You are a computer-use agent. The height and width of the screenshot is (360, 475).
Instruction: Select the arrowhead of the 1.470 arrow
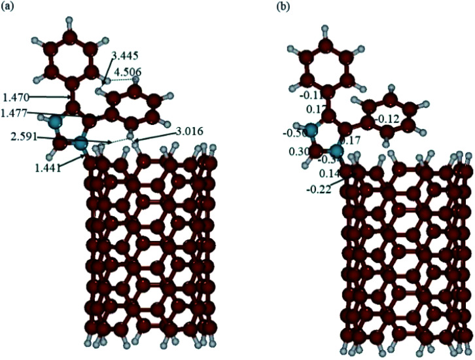click(x=70, y=98)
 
